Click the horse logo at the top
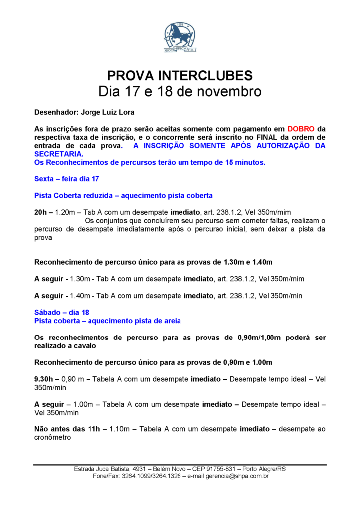point(180,38)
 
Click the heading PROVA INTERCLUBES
point(180,76)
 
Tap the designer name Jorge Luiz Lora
point(108,112)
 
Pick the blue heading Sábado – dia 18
point(61,312)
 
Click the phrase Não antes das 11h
point(67,429)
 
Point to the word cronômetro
point(52,438)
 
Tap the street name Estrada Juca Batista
point(102,469)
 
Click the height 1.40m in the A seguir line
point(80,295)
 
